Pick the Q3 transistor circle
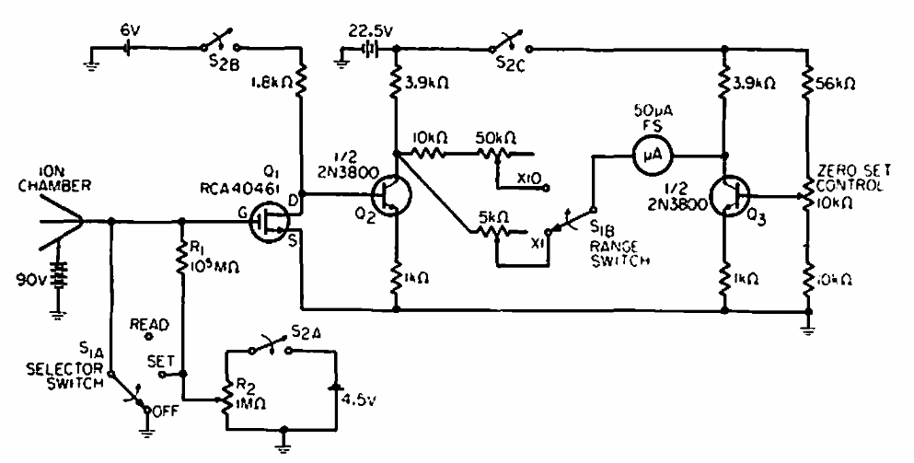click(x=730, y=197)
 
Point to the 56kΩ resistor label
click(x=837, y=81)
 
